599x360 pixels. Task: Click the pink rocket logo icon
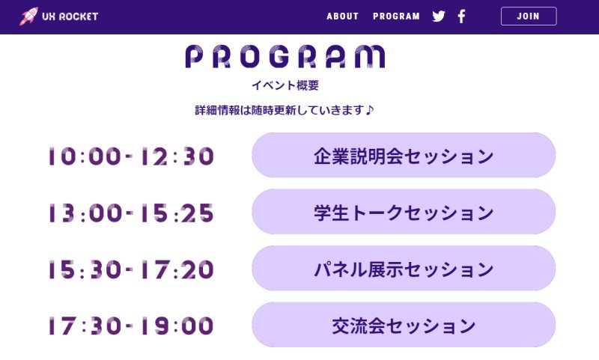(28, 16)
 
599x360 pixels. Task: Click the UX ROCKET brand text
(70, 16)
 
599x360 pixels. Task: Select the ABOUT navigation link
(343, 16)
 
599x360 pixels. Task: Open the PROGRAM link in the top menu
(396, 16)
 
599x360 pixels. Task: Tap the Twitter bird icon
(439, 16)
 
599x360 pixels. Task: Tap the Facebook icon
(461, 16)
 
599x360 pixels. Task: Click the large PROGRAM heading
(285, 56)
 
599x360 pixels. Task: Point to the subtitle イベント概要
(285, 85)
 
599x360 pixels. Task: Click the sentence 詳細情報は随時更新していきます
(279, 110)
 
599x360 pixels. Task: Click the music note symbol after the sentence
(369, 110)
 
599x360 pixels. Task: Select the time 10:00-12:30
(131, 156)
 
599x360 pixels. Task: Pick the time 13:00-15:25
(131, 213)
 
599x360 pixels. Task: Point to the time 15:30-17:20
(131, 269)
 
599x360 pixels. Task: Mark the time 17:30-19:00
(131, 326)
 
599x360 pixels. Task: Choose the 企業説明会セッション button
(404, 155)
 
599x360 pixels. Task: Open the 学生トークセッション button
(404, 212)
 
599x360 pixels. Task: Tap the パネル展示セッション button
(404, 268)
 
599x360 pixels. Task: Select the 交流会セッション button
(404, 325)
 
